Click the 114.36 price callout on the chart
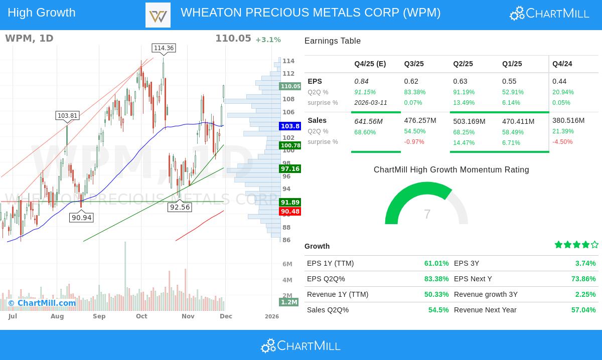click(164, 48)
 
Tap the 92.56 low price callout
click(180, 207)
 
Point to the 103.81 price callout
click(67, 116)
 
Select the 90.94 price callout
click(81, 218)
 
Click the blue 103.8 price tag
click(290, 126)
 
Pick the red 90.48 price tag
click(290, 212)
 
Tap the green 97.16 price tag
click(290, 169)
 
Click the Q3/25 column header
click(414, 64)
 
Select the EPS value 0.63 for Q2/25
click(460, 81)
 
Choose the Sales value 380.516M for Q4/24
click(568, 120)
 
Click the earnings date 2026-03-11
click(371, 103)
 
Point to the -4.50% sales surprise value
click(562, 142)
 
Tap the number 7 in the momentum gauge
click(427, 215)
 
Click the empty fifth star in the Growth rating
click(594, 245)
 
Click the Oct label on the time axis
click(141, 316)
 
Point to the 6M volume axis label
click(287, 264)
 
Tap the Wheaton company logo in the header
click(158, 15)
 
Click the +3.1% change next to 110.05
click(268, 40)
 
